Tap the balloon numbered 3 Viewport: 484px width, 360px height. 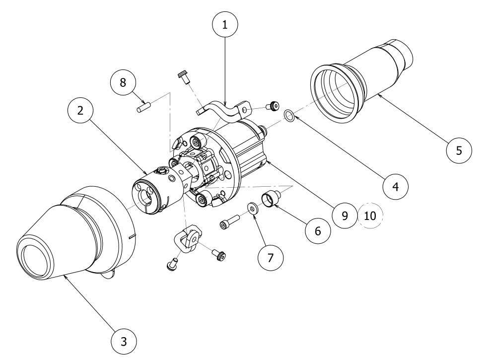tap(124, 341)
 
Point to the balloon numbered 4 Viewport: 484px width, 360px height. tap(395, 187)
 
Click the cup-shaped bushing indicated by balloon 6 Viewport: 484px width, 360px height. tap(272, 198)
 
